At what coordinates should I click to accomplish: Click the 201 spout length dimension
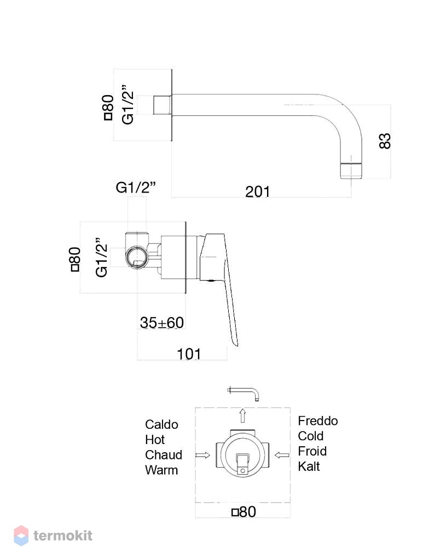tap(257, 192)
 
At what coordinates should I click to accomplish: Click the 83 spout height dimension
tap(385, 141)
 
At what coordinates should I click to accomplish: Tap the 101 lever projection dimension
tap(189, 354)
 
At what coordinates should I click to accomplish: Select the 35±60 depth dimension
tap(162, 323)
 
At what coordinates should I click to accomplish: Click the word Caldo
tap(161, 424)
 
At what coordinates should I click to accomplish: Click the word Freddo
tap(318, 421)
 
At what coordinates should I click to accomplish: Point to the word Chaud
tap(164, 454)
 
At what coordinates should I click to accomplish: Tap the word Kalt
tap(309, 466)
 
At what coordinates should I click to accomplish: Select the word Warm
tap(161, 470)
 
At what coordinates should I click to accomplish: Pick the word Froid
tap(312, 451)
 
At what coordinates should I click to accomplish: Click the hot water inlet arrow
tap(202, 455)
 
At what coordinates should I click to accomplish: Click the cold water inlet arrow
tap(282, 455)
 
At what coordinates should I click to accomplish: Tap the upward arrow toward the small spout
tap(242, 416)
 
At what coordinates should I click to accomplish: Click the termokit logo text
tap(63, 535)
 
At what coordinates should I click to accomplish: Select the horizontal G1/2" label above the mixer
tap(136, 188)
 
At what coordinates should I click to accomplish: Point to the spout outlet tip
tap(352, 171)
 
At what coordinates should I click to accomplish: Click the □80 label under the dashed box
tap(244, 512)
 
